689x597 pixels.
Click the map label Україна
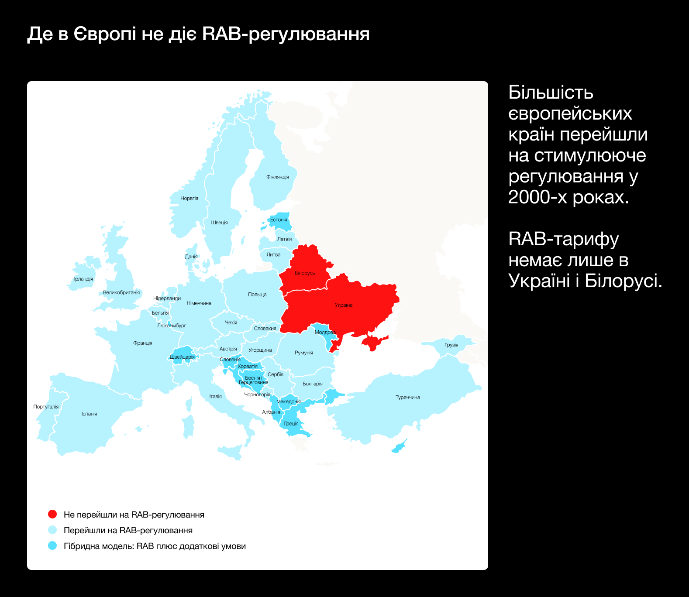click(x=344, y=305)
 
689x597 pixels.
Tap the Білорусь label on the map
click(x=304, y=273)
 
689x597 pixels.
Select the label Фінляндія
click(x=277, y=177)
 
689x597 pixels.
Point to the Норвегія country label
click(x=189, y=198)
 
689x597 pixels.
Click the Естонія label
click(x=279, y=220)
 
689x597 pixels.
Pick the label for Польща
click(x=257, y=295)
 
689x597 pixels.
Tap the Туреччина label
click(x=407, y=397)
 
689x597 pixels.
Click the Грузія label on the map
click(x=451, y=345)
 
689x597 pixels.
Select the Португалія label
click(x=46, y=407)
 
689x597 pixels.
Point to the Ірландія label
click(x=83, y=279)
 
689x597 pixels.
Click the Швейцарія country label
click(x=182, y=357)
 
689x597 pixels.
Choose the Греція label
click(x=291, y=423)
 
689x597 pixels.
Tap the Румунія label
click(x=304, y=353)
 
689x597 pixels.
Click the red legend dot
click(x=52, y=514)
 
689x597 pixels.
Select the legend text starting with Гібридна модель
click(x=155, y=546)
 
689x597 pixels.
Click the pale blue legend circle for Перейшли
click(x=52, y=530)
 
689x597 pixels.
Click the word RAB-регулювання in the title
click(x=286, y=34)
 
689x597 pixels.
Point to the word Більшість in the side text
click(x=551, y=93)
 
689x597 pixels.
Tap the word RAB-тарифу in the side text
click(x=564, y=239)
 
